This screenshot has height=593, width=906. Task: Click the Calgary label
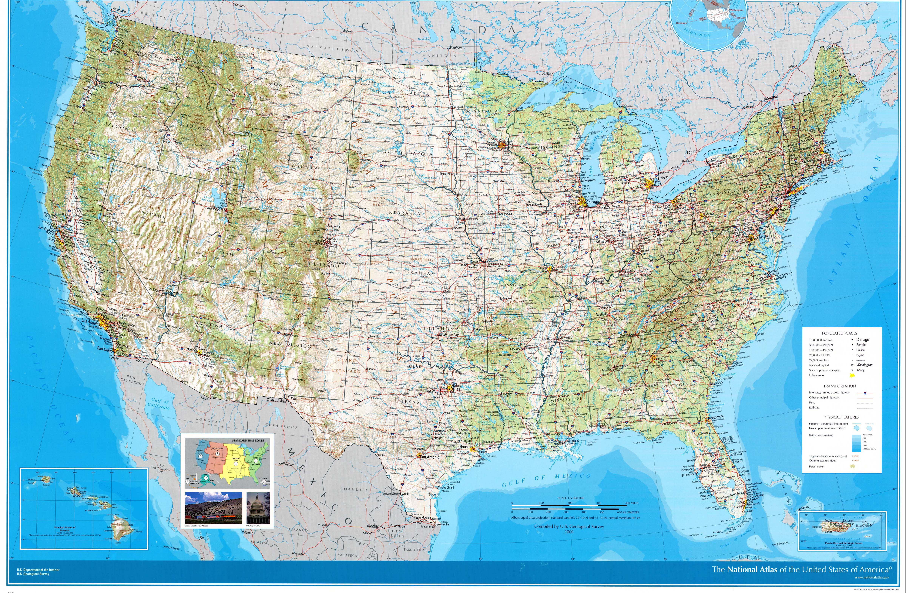tap(240, 5)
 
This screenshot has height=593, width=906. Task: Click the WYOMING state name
tap(307, 167)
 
